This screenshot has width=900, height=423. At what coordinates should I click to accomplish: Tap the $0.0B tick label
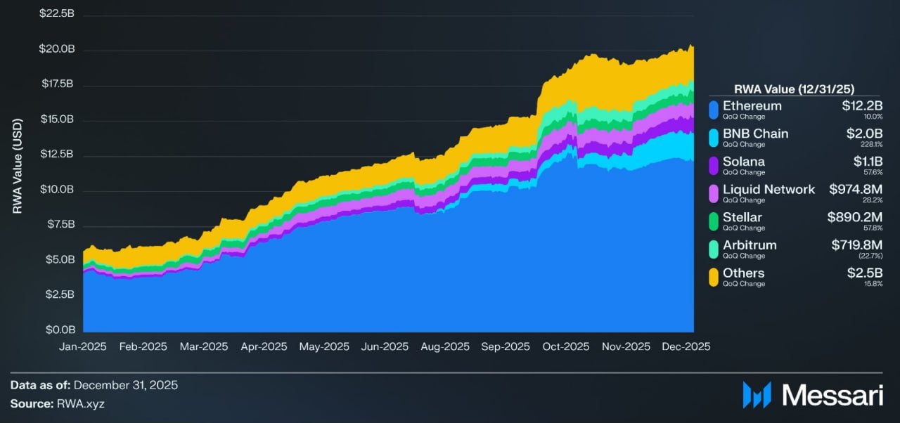coord(61,330)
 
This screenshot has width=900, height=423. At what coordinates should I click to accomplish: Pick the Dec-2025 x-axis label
coord(686,346)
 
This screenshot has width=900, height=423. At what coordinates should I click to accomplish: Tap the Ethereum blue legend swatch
coord(714,109)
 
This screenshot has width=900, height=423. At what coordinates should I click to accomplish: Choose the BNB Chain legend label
coord(755,134)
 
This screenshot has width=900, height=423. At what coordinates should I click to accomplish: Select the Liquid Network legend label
coord(769,189)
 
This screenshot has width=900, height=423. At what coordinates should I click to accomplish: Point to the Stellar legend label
coord(742,217)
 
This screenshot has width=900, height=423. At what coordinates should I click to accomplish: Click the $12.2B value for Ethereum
coord(862,106)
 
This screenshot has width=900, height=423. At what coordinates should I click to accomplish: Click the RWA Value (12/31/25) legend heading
coord(793,89)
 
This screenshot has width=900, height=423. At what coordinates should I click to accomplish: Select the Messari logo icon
coord(757,395)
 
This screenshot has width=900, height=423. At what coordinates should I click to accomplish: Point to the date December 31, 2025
coord(125,385)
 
